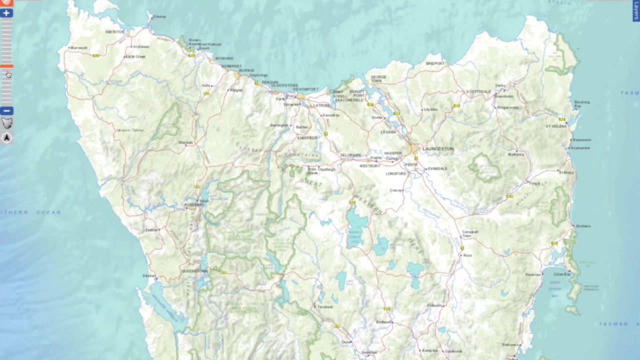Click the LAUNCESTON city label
[x=438, y=149]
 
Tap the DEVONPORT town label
[x=310, y=89]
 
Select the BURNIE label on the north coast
[x=246, y=71]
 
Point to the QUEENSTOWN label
[x=194, y=271]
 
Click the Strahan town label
[x=149, y=275]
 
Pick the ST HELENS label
[x=556, y=126]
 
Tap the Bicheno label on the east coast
[x=583, y=226]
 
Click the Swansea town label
[x=533, y=274]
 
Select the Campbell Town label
[x=470, y=233]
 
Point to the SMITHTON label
[x=115, y=32]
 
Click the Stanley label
[x=160, y=16]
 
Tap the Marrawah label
[x=79, y=48]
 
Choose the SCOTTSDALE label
[x=478, y=92]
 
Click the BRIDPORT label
[x=435, y=64]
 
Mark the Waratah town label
[x=185, y=143]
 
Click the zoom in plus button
[x=6, y=13]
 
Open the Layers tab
[x=636, y=11]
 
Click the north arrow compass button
[x=7, y=138]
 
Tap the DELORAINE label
[x=350, y=155]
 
